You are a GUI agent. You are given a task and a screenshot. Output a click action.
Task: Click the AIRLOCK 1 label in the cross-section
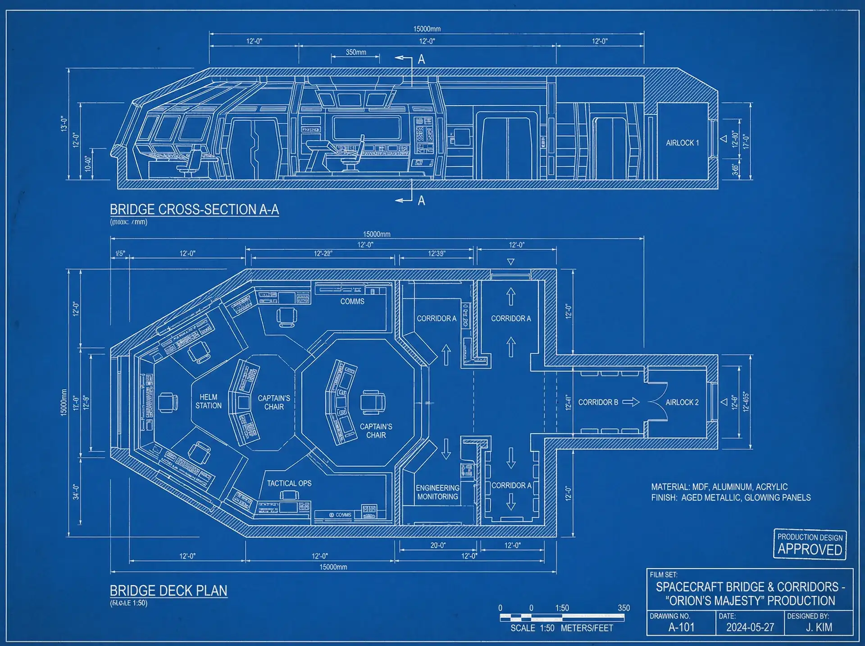[x=682, y=143]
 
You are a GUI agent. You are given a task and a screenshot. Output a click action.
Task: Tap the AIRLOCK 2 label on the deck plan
[x=682, y=402]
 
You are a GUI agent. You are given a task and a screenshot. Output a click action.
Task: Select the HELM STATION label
[x=208, y=401]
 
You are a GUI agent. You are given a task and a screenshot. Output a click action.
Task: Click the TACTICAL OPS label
[x=289, y=483]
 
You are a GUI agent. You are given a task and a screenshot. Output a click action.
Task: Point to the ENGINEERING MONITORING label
[x=437, y=492]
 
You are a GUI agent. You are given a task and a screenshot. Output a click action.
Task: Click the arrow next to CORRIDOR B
[x=631, y=402]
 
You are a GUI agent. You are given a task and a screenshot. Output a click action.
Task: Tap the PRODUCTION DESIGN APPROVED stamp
[x=810, y=544]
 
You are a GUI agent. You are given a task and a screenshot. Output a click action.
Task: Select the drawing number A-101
[x=681, y=627]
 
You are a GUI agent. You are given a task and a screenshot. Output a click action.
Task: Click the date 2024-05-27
[x=750, y=627]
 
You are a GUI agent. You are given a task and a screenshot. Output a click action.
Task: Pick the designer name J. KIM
[x=819, y=627]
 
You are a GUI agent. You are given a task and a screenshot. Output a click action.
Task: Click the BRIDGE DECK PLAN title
[x=168, y=591]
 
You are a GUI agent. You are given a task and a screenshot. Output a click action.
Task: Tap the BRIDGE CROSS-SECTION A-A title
[x=194, y=209]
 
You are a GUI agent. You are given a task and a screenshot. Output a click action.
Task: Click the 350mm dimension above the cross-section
[x=356, y=52]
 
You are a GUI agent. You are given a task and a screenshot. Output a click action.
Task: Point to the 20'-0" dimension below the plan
[x=437, y=545]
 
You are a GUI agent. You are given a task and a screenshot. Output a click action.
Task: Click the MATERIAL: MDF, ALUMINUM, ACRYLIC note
[x=719, y=487]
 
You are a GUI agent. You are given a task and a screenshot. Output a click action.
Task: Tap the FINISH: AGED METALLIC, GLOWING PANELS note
[x=731, y=498]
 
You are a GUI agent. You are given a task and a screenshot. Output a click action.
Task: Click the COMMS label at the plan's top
[x=352, y=301]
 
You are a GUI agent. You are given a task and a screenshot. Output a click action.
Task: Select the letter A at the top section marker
[x=421, y=59]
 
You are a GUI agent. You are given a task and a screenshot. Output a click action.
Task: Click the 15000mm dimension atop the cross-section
[x=427, y=29]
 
